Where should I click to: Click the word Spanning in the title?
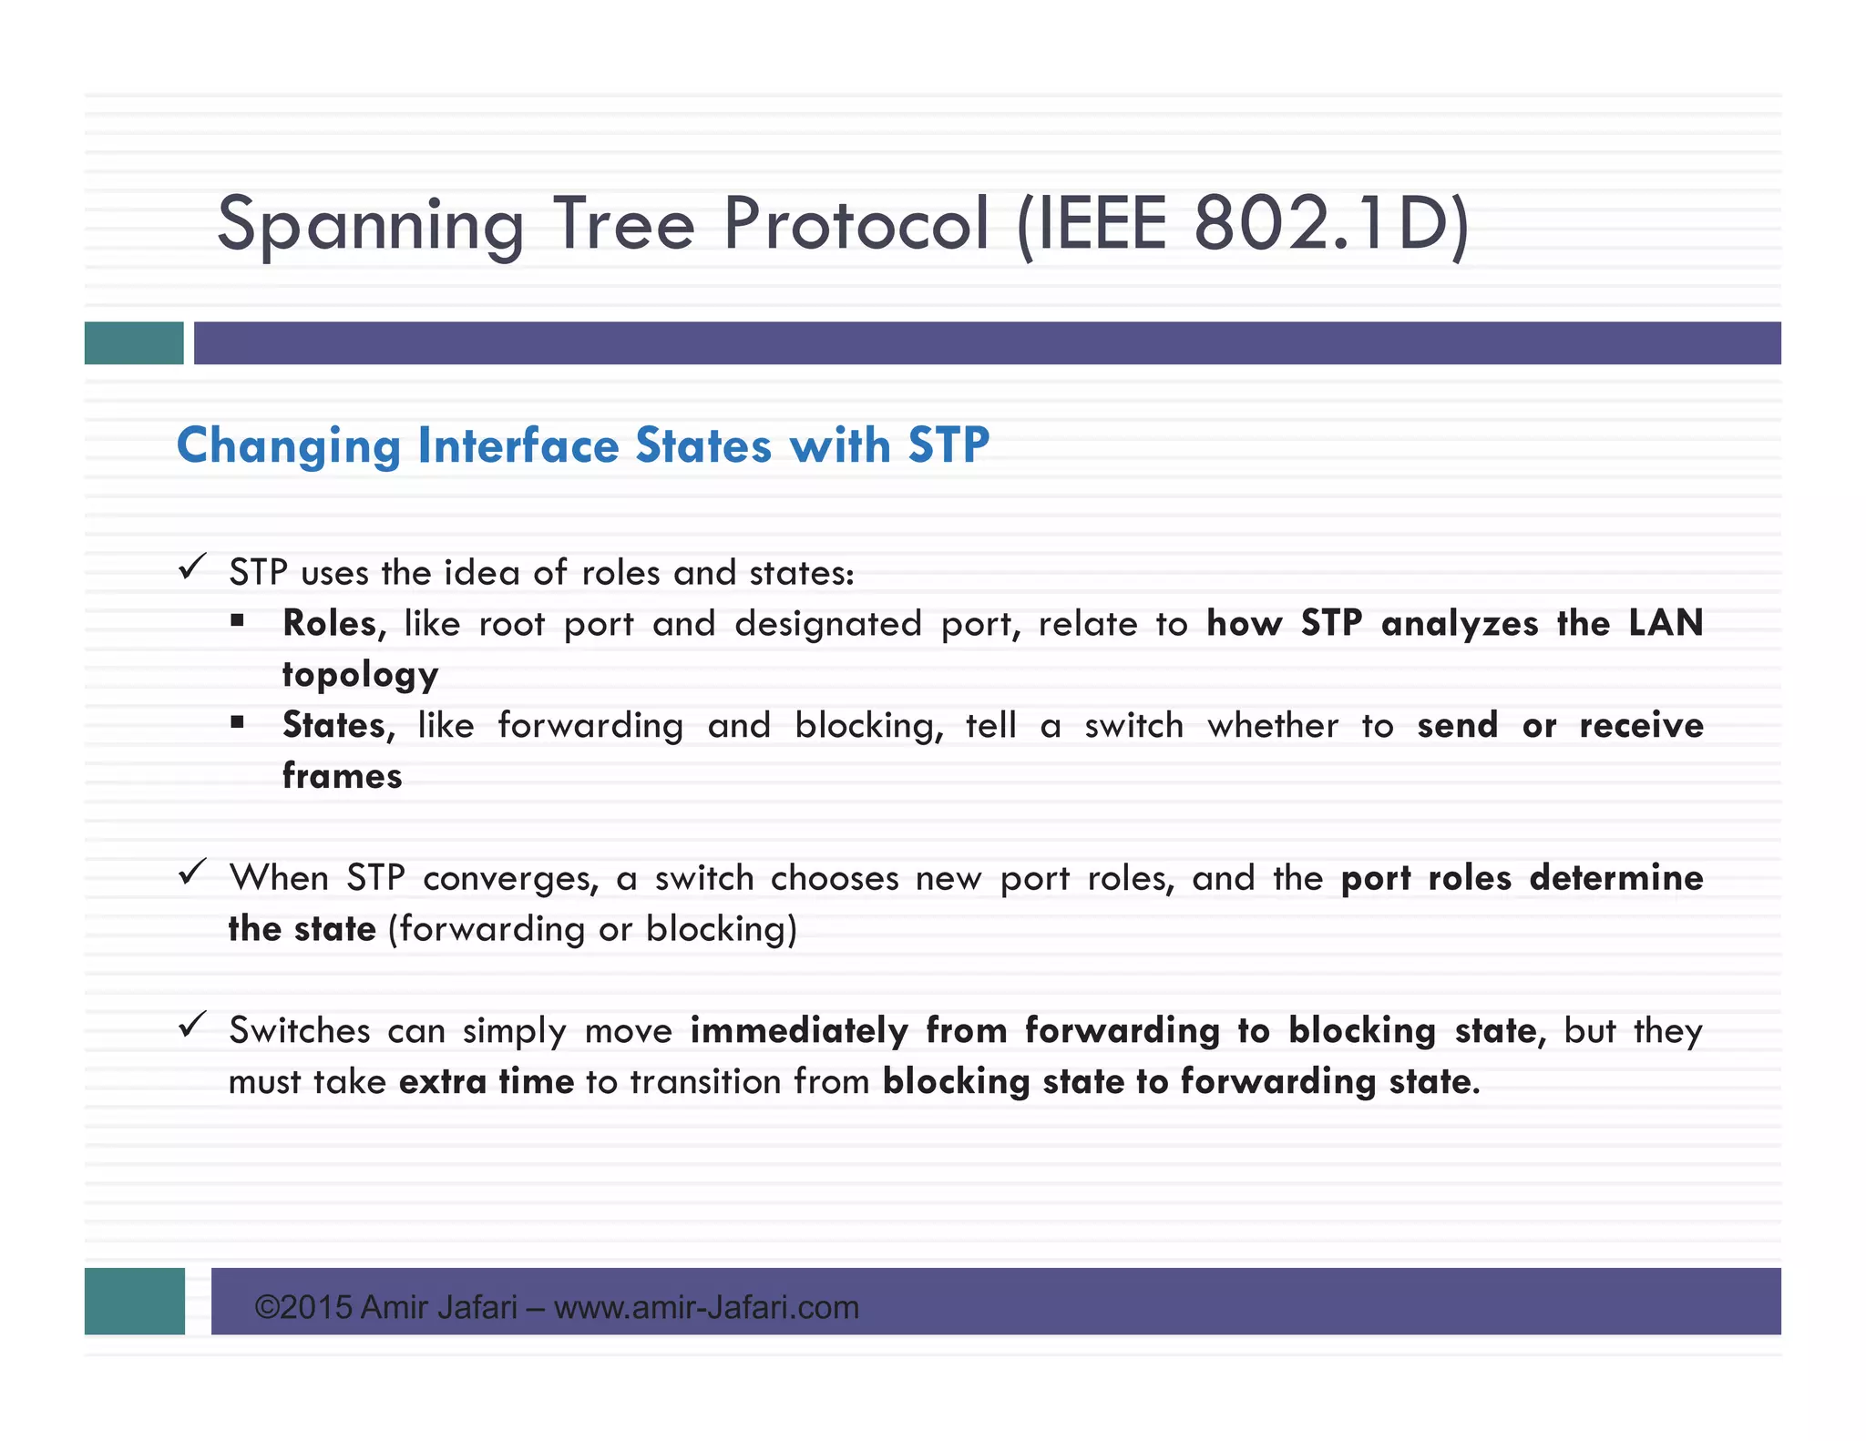[x=370, y=225]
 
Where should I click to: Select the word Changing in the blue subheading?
[x=288, y=446]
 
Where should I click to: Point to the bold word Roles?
[x=333, y=624]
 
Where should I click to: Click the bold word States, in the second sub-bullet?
[x=338, y=726]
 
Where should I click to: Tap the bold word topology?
[x=360, y=675]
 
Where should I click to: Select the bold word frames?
[x=342, y=776]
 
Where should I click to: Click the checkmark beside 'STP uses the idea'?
[x=192, y=567]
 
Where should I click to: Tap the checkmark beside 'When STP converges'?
[x=192, y=873]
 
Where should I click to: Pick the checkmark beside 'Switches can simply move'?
[x=192, y=1026]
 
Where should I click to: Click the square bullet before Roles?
[x=238, y=621]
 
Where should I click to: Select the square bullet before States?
[x=238, y=723]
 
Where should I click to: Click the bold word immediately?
[x=798, y=1031]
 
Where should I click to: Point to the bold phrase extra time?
[x=487, y=1082]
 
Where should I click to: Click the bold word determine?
[x=1615, y=878]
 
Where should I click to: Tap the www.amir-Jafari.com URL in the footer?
[x=706, y=1308]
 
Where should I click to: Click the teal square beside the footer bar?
[x=134, y=1301]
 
